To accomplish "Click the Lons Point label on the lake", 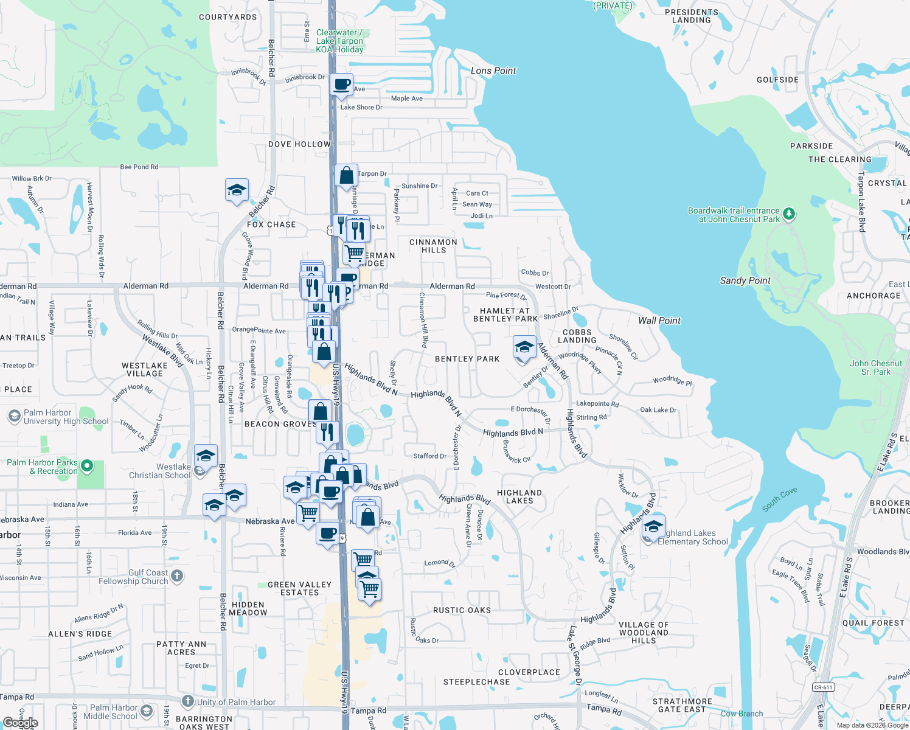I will [493, 71].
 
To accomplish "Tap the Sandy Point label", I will [745, 280].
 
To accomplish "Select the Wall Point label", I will [659, 321].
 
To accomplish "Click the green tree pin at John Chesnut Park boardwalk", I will [789, 214].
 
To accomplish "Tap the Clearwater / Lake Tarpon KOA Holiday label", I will [339, 41].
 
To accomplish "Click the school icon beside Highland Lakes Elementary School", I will [653, 526].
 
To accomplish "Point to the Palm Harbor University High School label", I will [66, 417].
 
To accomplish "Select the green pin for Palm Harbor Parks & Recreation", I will [87, 466].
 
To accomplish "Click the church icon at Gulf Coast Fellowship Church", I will [177, 575].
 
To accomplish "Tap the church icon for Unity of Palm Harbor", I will [188, 701].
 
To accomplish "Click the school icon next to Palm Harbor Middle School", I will [147, 711].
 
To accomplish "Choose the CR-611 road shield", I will [823, 687].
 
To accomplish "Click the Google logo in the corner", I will [20, 723].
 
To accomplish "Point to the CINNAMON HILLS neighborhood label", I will [433, 246].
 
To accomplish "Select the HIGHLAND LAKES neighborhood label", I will [519, 497].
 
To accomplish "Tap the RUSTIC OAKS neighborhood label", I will [462, 610].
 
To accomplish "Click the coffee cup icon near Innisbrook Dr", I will [342, 85].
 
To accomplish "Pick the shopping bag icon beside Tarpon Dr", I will [346, 176].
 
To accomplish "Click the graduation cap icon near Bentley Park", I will [524, 347].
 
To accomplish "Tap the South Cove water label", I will [779, 499].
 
